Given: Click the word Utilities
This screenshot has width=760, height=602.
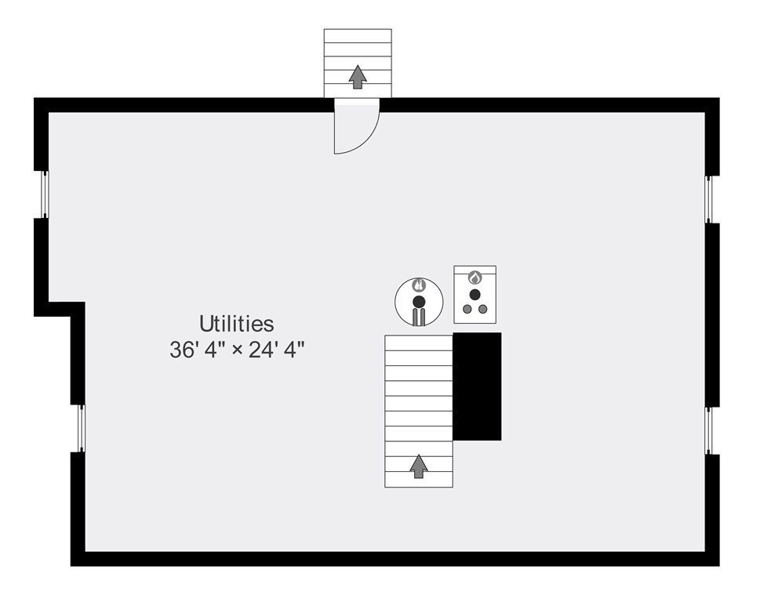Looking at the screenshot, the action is (x=237, y=324).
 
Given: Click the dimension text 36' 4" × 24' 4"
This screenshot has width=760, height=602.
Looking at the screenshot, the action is (x=237, y=350).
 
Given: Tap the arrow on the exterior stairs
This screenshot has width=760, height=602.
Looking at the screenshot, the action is (x=358, y=77).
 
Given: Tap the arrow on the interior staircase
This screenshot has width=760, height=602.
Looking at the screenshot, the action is (x=419, y=466).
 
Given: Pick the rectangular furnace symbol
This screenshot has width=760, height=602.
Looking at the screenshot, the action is (x=475, y=295).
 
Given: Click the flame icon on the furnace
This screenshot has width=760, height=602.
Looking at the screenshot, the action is (x=475, y=278).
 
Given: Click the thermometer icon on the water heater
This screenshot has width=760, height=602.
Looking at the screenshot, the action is (x=419, y=285).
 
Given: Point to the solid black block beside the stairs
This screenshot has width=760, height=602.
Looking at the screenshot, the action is (x=477, y=386).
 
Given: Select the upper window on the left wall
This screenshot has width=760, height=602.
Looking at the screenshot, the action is (x=45, y=194).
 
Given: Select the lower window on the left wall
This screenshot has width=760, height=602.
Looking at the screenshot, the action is (x=82, y=429).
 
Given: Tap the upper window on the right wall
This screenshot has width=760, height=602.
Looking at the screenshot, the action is (x=708, y=200).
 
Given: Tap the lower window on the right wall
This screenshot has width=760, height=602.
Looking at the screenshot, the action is (x=708, y=430).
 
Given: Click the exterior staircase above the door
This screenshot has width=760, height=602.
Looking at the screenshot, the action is (x=358, y=63).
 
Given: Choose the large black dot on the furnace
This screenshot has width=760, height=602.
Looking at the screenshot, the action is (x=475, y=295).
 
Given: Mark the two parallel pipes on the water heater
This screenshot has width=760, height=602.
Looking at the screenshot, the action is (x=419, y=317).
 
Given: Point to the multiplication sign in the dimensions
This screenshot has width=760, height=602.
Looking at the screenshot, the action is (x=237, y=350).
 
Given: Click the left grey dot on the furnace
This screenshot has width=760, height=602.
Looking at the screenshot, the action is (x=467, y=309).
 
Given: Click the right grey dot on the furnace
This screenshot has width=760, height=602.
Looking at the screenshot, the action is (x=483, y=309).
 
